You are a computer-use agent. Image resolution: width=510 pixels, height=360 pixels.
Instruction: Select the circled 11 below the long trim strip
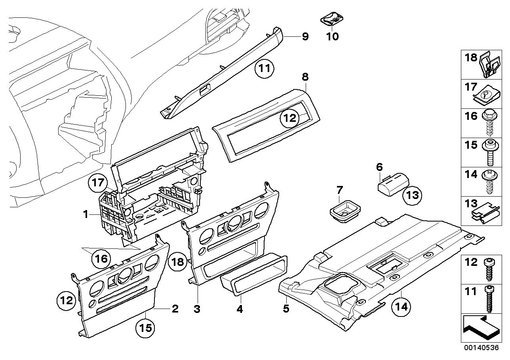[x=264, y=69]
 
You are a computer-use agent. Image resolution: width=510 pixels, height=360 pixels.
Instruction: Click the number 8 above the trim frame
[x=305, y=76]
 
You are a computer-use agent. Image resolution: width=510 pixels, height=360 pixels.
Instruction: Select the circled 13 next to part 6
[x=413, y=195]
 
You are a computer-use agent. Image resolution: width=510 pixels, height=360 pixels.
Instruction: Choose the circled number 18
[x=178, y=261]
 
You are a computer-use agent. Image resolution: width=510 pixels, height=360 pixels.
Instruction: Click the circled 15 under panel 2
[x=145, y=328]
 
